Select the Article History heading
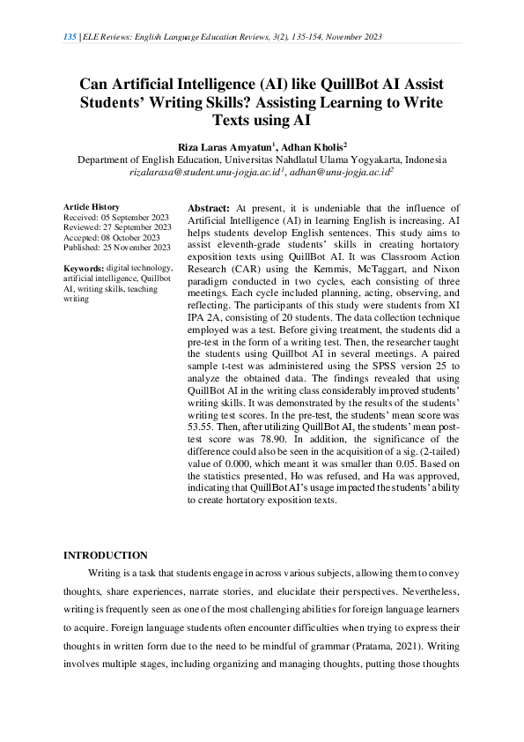[94, 205]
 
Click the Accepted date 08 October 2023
[131, 237]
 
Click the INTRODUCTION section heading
[106, 555]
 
